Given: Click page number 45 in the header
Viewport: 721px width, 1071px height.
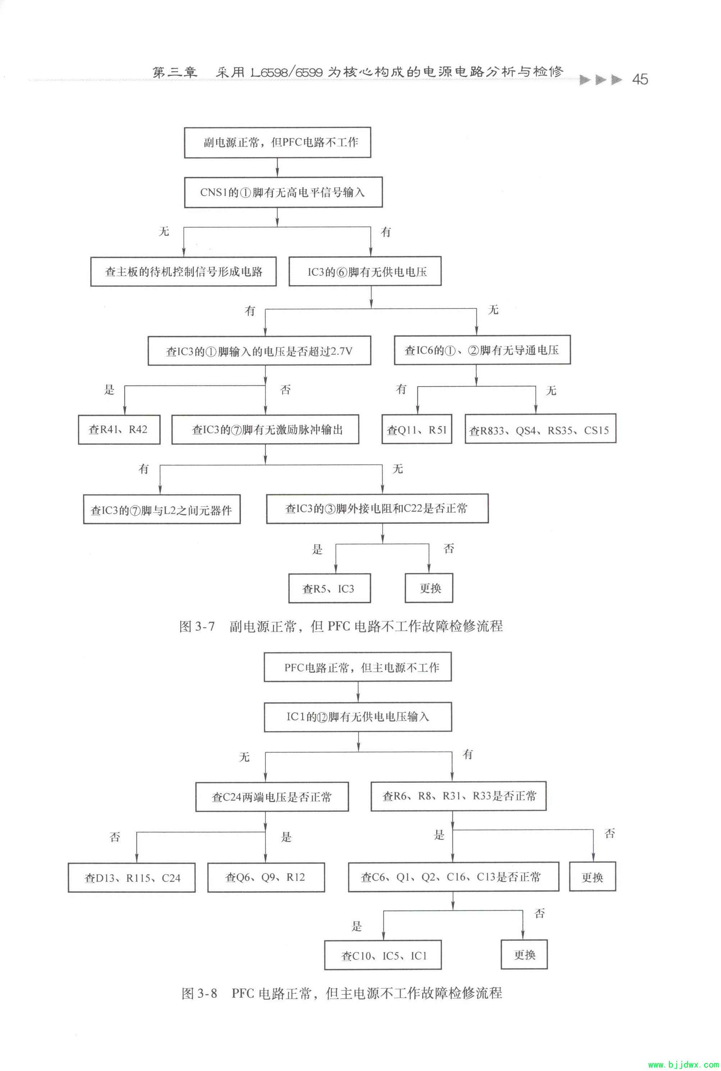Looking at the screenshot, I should pyautogui.click(x=640, y=79).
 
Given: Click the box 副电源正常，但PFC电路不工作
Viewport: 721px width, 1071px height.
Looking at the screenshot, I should pyautogui.click(x=277, y=142).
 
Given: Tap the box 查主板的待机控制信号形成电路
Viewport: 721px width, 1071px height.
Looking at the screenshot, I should pyautogui.click(x=183, y=272).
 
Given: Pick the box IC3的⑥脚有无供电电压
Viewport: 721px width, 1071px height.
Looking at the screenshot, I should pyautogui.click(x=365, y=272).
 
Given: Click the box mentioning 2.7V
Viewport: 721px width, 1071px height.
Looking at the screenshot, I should pyautogui.click(x=259, y=351).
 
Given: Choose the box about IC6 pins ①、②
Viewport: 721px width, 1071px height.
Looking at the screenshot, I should pyautogui.click(x=482, y=350).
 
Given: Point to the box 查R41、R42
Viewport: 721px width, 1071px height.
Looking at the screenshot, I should pyautogui.click(x=119, y=430).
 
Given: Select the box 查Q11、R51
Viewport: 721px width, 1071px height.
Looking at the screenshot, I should pyautogui.click(x=417, y=430).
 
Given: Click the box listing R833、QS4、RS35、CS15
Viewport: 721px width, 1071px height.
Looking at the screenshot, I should pyautogui.click(x=540, y=430).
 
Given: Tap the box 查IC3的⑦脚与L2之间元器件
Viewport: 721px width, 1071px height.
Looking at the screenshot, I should pyautogui.click(x=161, y=509).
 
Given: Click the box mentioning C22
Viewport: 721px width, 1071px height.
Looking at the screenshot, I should pyautogui.click(x=377, y=508).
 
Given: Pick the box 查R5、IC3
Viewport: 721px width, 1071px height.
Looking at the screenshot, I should pyautogui.click(x=329, y=589).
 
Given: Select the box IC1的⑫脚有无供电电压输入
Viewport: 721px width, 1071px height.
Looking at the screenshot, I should pyautogui.click(x=358, y=717).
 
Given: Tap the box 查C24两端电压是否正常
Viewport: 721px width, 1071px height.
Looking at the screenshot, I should pyautogui.click(x=272, y=797).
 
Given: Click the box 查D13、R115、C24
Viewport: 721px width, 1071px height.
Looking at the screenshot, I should pyautogui.click(x=132, y=878).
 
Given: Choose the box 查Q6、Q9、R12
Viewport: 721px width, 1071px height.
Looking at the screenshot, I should pyautogui.click(x=266, y=877).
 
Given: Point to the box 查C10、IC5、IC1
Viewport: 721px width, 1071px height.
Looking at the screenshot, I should pyautogui.click(x=383, y=956).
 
